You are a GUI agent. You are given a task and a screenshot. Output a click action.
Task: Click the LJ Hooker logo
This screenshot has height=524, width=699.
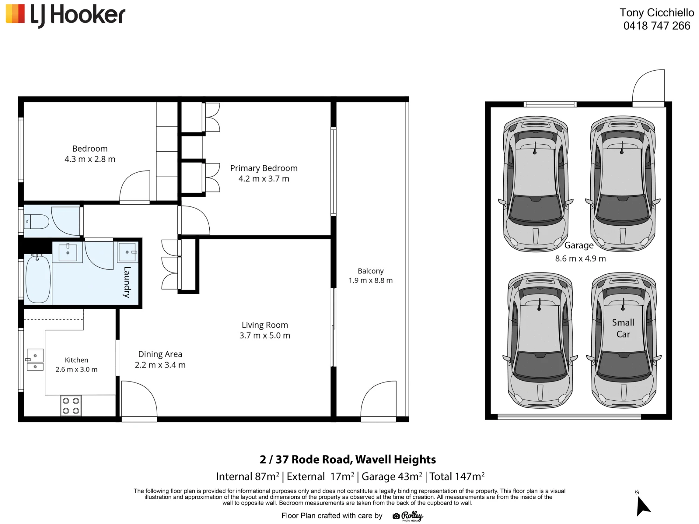click(x=65, y=16)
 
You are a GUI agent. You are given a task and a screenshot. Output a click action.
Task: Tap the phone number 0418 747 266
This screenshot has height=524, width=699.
click(x=657, y=26)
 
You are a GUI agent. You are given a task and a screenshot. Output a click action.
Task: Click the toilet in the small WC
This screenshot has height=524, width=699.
click(x=36, y=221)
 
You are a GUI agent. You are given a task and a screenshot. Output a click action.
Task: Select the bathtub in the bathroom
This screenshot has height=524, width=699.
click(x=38, y=278)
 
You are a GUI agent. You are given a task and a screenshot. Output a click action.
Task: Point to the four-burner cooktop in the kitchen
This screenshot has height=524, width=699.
click(x=71, y=406)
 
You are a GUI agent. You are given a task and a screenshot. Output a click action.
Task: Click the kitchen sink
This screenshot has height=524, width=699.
click(x=35, y=360)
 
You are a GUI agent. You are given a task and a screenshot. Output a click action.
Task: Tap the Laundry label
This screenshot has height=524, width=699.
click(x=127, y=282)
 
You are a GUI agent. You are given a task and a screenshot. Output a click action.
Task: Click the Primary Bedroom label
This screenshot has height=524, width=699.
click(x=264, y=168)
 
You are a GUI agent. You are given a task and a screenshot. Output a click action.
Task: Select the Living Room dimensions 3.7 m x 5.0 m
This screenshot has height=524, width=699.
click(x=265, y=336)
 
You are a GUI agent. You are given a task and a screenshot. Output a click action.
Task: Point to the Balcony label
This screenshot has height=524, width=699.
click(x=370, y=271)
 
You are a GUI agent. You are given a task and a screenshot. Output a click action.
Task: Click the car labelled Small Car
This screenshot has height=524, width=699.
click(x=624, y=341)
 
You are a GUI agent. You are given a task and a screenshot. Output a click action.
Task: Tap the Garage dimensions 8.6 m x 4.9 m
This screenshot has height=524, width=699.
click(x=581, y=259)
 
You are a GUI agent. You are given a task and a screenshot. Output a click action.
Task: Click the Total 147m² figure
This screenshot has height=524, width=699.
click(x=457, y=476)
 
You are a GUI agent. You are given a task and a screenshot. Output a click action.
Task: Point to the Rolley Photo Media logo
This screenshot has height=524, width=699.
click(x=408, y=516)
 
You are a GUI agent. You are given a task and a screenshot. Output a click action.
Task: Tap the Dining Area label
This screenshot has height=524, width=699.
click(x=160, y=354)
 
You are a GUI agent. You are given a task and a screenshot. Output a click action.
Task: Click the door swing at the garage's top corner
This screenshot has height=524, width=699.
click(x=648, y=87)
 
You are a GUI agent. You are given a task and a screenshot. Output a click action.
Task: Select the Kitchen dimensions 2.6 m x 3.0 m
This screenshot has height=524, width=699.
click(x=77, y=370)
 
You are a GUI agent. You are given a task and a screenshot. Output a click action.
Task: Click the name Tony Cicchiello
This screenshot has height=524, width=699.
click(x=657, y=13)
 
